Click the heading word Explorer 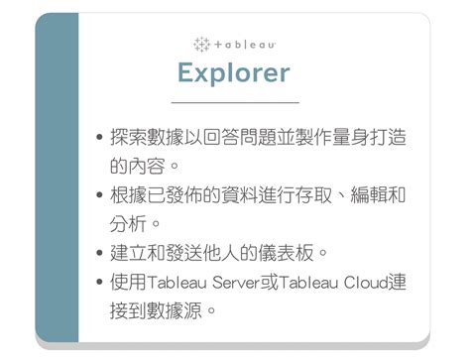click(234, 72)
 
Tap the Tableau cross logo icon click(202, 45)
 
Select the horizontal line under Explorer click(235, 102)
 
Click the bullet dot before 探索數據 click(99, 138)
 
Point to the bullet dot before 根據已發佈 click(99, 195)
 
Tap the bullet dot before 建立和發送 click(99, 253)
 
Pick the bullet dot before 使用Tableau click(99, 285)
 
